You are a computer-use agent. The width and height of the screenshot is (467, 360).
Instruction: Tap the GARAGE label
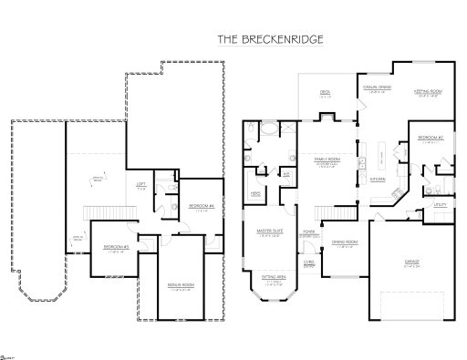click(x=412, y=262)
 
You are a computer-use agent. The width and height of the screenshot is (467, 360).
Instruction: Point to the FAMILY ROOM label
click(x=327, y=159)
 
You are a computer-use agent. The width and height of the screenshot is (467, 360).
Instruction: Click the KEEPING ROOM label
click(x=429, y=92)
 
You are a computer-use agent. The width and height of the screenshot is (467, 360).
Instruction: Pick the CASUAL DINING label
click(x=377, y=87)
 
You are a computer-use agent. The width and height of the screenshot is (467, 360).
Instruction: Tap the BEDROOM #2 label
click(x=431, y=138)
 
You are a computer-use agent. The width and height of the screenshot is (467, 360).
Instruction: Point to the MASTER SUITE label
click(x=270, y=231)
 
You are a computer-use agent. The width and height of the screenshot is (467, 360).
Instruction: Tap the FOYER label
click(x=309, y=232)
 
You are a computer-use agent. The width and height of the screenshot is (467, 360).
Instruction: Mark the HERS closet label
click(x=257, y=193)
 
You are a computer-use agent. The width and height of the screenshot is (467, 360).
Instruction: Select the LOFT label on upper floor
click(x=141, y=184)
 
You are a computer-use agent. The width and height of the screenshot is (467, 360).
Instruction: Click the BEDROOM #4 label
click(x=201, y=206)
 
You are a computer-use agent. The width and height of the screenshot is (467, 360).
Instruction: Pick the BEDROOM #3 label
click(x=115, y=247)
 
